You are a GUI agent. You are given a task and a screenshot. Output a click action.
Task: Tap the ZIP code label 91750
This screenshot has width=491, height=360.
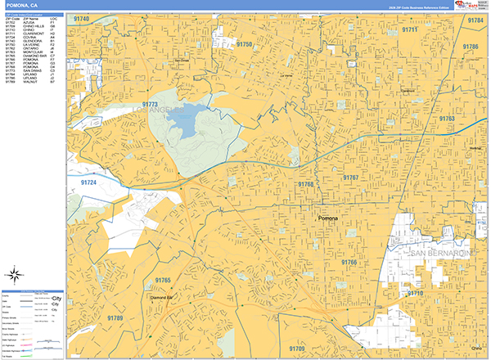(244, 44)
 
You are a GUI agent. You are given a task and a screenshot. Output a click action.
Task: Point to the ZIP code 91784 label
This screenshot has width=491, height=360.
(475, 19)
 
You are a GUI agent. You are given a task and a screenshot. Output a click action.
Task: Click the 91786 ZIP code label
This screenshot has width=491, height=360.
(471, 47)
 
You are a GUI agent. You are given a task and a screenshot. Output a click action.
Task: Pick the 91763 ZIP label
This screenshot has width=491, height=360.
(446, 119)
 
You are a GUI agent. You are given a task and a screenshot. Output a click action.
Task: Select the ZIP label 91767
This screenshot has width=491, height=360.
(351, 177)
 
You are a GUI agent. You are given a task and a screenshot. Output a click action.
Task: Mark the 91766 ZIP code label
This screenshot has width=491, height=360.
(349, 262)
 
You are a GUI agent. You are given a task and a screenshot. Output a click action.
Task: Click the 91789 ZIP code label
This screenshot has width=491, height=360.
(115, 317)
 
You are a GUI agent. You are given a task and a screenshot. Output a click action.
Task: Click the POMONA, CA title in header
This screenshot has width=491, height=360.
(25, 7)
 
